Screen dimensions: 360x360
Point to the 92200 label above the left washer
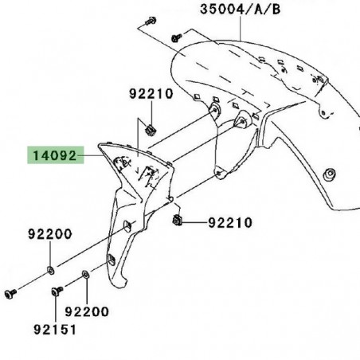[x=49, y=234]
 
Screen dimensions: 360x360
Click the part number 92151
[x=49, y=327]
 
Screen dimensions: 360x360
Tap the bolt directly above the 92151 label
[x=57, y=292]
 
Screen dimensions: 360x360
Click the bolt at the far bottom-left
[x=11, y=293]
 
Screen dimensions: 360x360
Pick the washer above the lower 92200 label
[x=85, y=275]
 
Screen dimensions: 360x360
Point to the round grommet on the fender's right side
[x=329, y=173]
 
